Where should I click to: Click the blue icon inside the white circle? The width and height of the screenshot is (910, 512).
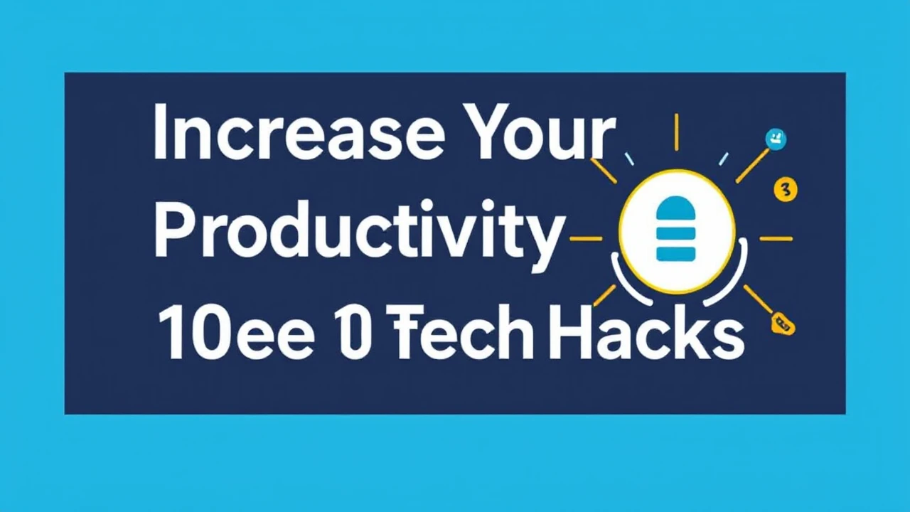tap(675, 228)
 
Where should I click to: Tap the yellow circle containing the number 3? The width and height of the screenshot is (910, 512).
tap(785, 189)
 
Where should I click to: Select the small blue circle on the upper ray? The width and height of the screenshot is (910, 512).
tap(774, 139)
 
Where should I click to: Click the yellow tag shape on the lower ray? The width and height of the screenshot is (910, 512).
tap(783, 324)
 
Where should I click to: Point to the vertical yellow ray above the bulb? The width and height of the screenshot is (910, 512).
tap(676, 132)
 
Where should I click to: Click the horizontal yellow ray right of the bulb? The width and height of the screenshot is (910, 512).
tap(776, 239)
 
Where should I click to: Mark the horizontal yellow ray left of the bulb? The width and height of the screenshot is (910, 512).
tap(586, 239)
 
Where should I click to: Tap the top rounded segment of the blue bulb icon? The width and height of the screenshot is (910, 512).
tap(675, 208)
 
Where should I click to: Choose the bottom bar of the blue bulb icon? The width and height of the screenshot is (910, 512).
tap(675, 254)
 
